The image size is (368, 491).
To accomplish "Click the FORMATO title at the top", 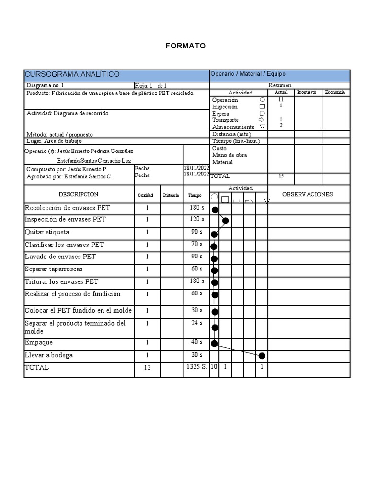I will tap(185, 46).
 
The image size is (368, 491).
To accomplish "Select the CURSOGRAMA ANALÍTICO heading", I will tap(72, 75).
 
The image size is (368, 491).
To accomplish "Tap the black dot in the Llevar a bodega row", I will tap(262, 356).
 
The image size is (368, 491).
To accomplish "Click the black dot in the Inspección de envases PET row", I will tap(225, 221).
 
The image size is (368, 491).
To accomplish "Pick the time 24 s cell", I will tap(196, 323).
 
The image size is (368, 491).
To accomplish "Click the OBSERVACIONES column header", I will tap(307, 194).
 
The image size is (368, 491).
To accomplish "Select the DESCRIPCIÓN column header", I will tap(79, 194).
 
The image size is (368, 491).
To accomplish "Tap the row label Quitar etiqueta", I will tap(47, 232).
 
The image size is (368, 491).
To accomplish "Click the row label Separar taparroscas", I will tap(53, 269).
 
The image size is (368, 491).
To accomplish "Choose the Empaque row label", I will tap(39, 343).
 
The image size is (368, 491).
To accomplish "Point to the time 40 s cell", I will tap(196, 342).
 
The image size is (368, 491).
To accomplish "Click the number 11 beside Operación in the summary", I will tap(281, 99).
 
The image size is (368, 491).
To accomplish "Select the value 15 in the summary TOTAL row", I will tap(281, 176).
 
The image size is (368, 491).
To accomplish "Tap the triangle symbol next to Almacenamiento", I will tap(262, 127).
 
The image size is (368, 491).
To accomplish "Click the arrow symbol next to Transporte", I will tap(262, 120).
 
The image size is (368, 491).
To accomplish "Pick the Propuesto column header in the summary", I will tap(307, 92).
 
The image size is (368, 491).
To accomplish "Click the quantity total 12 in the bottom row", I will tap(147, 368).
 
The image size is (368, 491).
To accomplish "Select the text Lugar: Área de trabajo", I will tap(54, 141).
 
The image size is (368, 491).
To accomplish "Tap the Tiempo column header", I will tap(195, 195).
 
